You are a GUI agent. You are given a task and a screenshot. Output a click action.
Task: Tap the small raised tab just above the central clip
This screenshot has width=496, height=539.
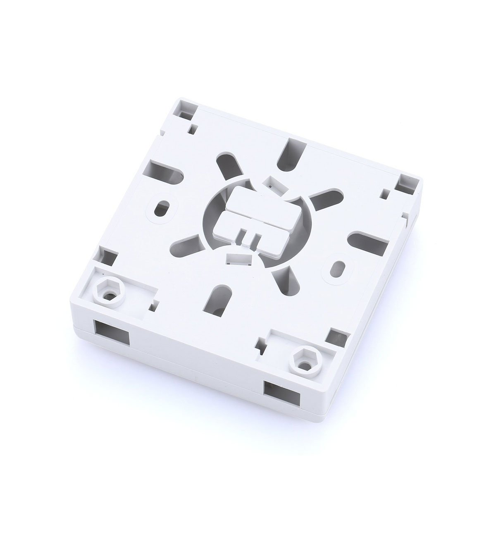pyautogui.click(x=273, y=183)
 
